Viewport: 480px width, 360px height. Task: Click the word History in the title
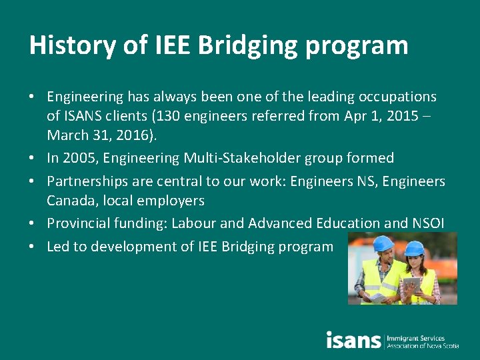tap(71, 45)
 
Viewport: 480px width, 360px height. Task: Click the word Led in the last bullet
tap(58, 247)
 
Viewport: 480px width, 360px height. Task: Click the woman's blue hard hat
tap(415, 249)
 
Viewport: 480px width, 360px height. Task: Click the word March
tap(67, 136)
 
